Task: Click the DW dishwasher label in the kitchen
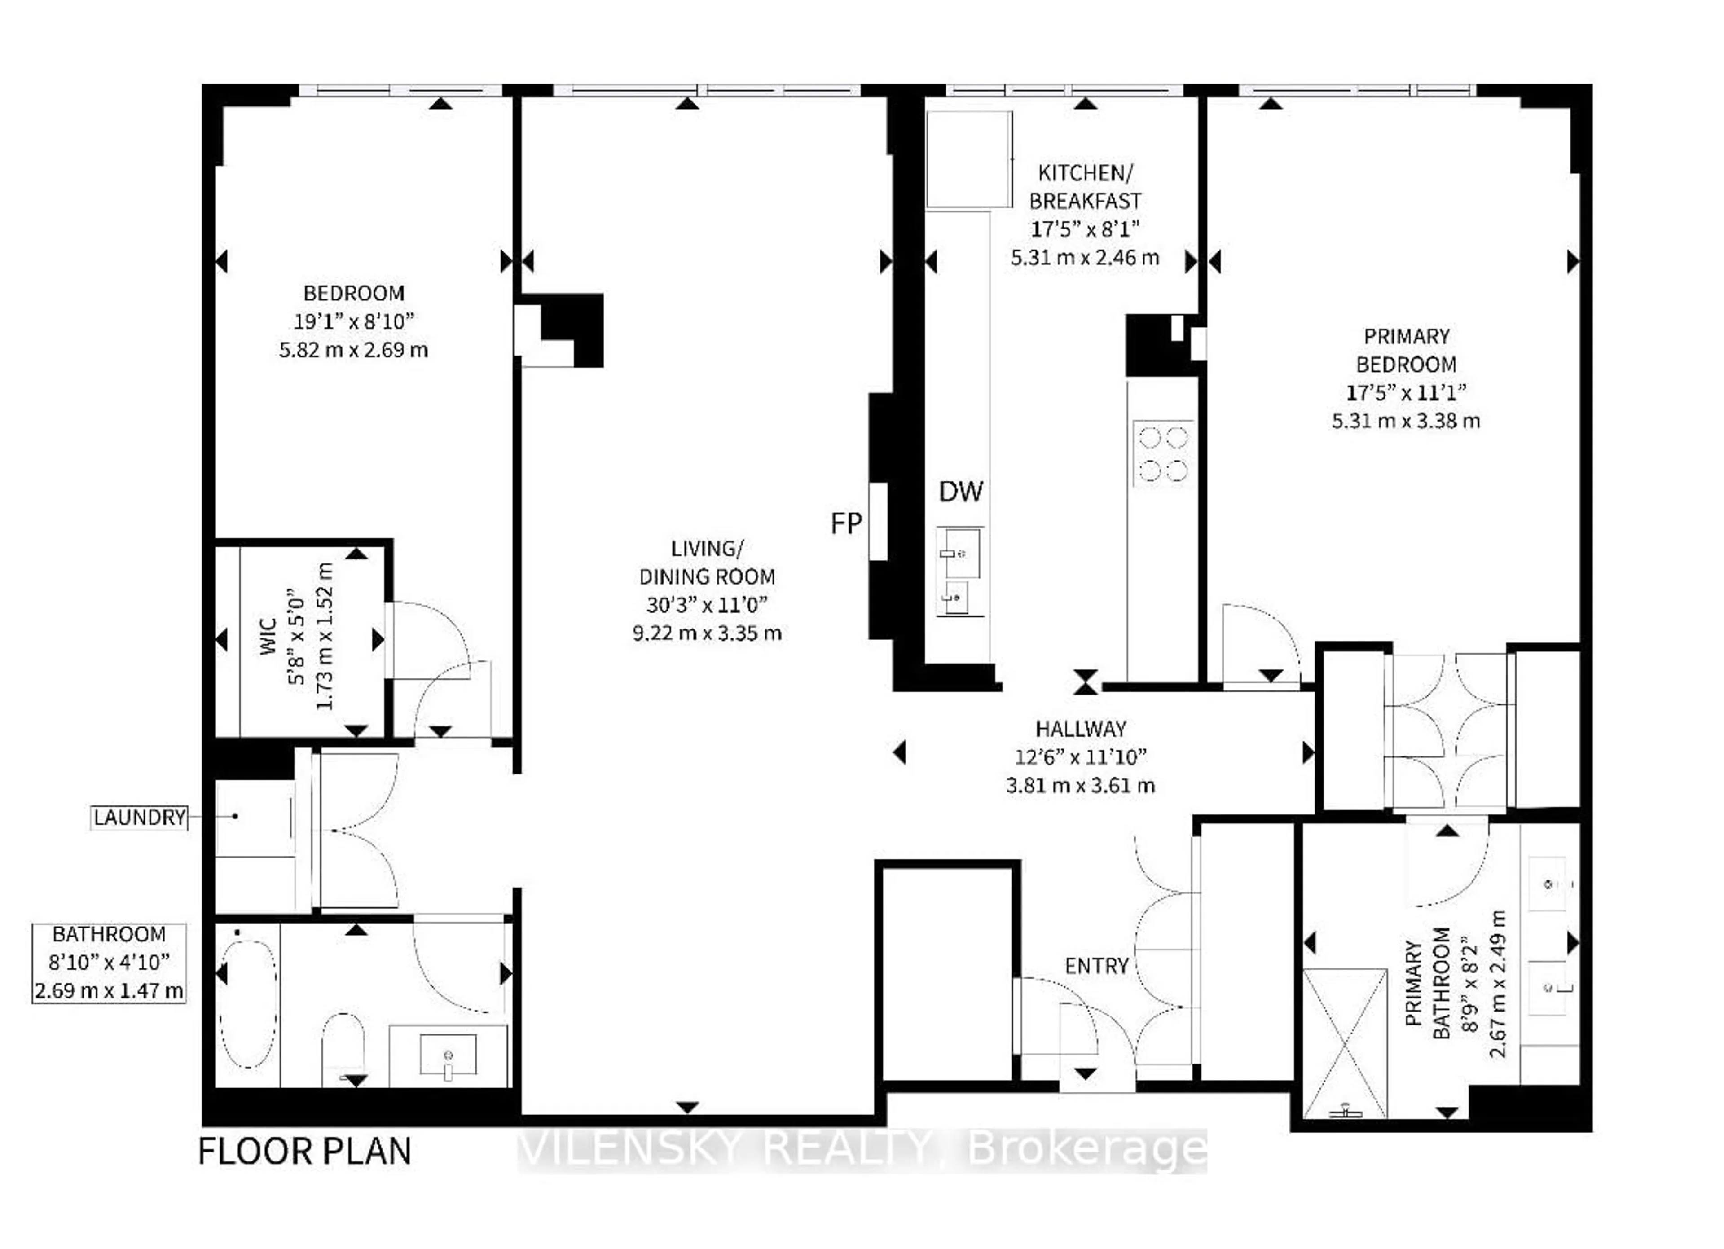pyautogui.click(x=961, y=492)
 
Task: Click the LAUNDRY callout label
pyautogui.click(x=139, y=817)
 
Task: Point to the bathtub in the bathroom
pyautogui.click(x=248, y=1004)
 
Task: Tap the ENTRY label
pyautogui.click(x=1096, y=966)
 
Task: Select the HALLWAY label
pyautogui.click(x=1080, y=729)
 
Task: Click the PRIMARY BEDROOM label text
pyautogui.click(x=1406, y=351)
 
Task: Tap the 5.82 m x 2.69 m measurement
pyautogui.click(x=353, y=351)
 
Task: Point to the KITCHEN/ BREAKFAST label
pyautogui.click(x=1085, y=187)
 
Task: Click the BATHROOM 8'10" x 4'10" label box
pyautogui.click(x=109, y=963)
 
